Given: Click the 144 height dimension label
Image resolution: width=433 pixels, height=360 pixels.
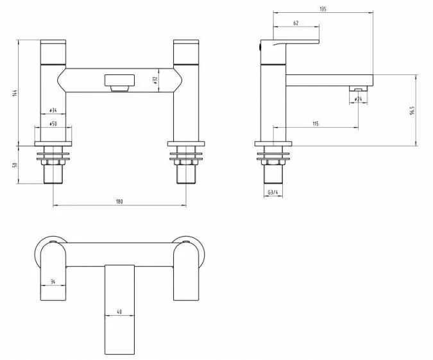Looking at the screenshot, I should click(14, 93).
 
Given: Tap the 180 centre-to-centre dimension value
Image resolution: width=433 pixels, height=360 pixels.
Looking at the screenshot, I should click(119, 201).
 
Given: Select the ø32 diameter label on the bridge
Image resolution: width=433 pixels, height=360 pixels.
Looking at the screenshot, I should click(156, 80).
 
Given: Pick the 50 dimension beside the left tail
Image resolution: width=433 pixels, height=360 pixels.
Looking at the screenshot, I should click(14, 165).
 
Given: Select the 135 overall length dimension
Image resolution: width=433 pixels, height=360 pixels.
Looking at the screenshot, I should click(323, 9).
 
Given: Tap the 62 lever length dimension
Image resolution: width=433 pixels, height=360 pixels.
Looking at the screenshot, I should click(296, 23).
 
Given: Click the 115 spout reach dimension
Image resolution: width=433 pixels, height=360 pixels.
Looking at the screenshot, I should click(316, 123).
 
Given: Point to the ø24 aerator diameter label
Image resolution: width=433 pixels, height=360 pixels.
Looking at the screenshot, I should click(358, 99).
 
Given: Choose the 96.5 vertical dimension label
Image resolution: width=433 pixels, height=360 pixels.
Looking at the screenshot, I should click(412, 110).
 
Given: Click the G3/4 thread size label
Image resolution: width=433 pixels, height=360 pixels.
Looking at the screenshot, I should click(273, 193).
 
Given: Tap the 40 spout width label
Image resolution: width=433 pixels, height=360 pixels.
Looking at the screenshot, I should click(120, 312).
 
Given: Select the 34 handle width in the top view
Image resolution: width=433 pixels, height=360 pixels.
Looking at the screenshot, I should click(53, 281).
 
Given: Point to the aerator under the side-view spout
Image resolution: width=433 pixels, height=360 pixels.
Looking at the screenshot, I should click(357, 89).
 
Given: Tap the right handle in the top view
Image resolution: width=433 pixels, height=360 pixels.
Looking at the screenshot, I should click(186, 273).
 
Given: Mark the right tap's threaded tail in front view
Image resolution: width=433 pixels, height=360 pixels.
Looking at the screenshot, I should click(186, 172).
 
